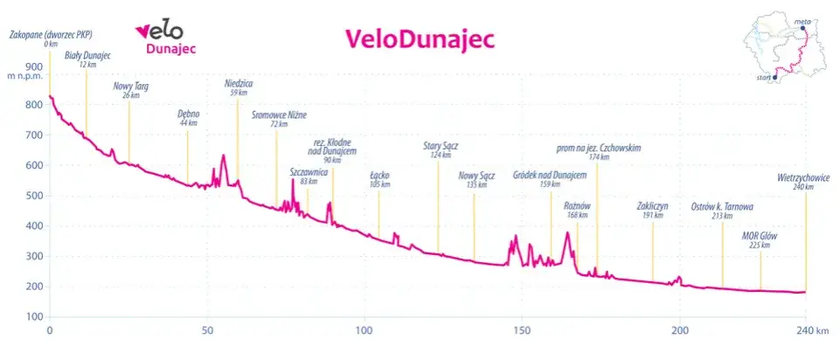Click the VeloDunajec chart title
(420, 38)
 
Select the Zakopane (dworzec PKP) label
(50, 35)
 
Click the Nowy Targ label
(131, 87)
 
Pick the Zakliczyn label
(652, 208)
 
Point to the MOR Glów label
(760, 237)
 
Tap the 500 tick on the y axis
(34, 196)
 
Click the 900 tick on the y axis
(34, 66)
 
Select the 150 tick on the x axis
(522, 332)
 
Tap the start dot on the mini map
(775, 77)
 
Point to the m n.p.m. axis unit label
(24, 76)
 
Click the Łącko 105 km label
(379, 178)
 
